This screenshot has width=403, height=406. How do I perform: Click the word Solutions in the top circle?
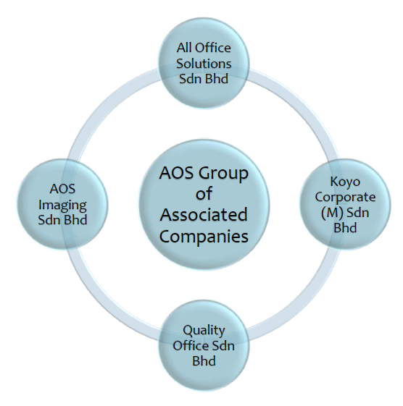[204, 64]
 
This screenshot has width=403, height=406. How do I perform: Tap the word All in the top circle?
[184, 48]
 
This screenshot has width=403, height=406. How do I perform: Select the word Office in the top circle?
[212, 48]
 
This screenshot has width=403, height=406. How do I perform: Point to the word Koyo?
[345, 182]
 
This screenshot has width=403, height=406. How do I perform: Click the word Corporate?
[345, 198]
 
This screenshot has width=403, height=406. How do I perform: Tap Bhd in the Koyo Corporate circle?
[345, 228]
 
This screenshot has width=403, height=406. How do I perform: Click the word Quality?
[204, 331]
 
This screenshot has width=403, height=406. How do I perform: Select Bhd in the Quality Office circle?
[204, 360]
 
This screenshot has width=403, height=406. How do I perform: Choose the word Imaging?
[62, 205]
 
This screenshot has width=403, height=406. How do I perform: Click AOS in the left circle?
[62, 189]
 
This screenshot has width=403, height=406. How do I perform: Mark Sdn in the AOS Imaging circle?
[48, 220]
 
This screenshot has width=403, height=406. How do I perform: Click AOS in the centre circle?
[176, 173]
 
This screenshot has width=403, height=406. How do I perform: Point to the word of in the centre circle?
[204, 194]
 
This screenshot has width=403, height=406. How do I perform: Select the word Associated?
[204, 215]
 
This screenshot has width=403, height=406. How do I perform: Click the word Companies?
[204, 237]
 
